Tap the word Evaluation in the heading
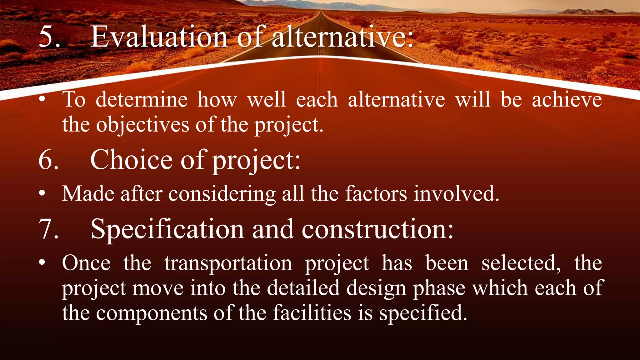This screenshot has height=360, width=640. [159, 37]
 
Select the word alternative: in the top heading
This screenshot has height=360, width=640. [342, 37]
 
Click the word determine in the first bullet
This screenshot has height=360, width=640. [142, 100]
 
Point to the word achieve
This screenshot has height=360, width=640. [567, 100]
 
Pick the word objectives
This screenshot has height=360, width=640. [142, 125]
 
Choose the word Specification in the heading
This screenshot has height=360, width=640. [167, 229]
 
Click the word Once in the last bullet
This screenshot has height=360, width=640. [86, 263]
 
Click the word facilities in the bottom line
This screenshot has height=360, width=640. [312, 313]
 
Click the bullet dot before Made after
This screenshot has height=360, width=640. [42, 194]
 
